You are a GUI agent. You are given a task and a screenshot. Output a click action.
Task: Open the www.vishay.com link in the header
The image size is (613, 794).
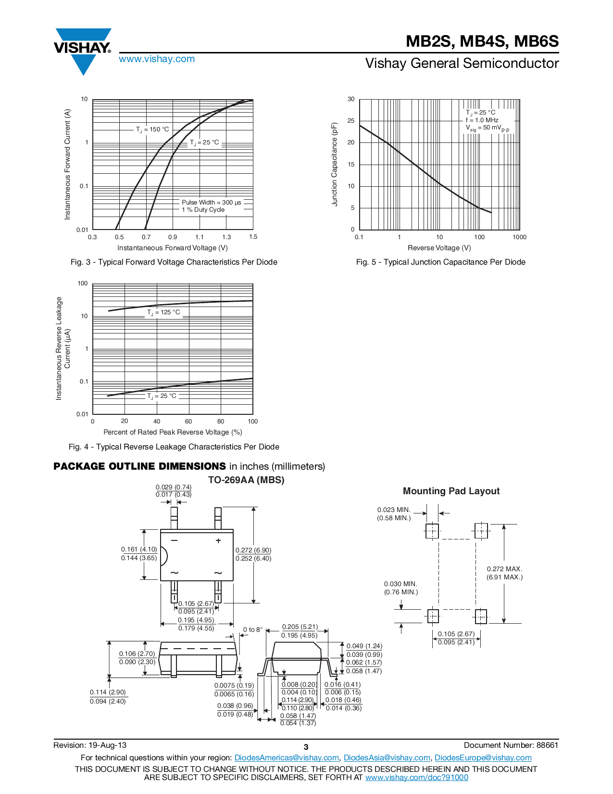(157, 59)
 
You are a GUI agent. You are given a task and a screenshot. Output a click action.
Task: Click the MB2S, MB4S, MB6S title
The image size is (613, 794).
(482, 41)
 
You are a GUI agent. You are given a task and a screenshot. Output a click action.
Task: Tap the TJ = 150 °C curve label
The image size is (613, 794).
(152, 129)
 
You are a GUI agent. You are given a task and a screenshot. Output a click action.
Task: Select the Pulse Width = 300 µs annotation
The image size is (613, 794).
(211, 203)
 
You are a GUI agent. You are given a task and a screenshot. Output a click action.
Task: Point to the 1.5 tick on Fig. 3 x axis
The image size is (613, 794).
(253, 237)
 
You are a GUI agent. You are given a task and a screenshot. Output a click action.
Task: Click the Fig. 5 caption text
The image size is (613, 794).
(440, 262)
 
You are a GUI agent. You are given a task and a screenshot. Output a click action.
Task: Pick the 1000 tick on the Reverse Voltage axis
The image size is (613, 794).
(519, 237)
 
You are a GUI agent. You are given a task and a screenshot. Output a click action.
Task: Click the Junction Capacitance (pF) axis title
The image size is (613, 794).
(335, 164)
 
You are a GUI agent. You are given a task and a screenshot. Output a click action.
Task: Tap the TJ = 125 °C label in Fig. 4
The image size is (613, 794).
(163, 312)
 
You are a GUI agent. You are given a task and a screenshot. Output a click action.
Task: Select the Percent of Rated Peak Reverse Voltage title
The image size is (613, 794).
(173, 432)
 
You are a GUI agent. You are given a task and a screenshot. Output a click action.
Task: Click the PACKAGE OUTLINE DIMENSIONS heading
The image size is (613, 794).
(139, 466)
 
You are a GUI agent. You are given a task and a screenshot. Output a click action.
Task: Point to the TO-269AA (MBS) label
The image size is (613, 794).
(246, 480)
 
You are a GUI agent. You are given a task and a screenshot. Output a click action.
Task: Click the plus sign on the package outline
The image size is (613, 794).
(218, 540)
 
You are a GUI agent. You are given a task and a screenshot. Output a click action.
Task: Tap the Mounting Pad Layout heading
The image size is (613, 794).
(451, 491)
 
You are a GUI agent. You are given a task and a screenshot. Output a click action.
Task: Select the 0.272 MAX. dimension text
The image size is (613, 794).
(504, 569)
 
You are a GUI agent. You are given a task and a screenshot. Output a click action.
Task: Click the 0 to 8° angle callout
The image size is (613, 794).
(253, 629)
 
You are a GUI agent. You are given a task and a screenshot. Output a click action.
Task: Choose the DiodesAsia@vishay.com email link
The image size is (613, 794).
(387, 758)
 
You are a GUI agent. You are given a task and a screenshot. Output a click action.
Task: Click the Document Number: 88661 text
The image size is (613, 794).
(511, 745)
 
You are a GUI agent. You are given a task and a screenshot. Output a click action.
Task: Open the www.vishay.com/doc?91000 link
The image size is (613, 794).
(416, 777)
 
